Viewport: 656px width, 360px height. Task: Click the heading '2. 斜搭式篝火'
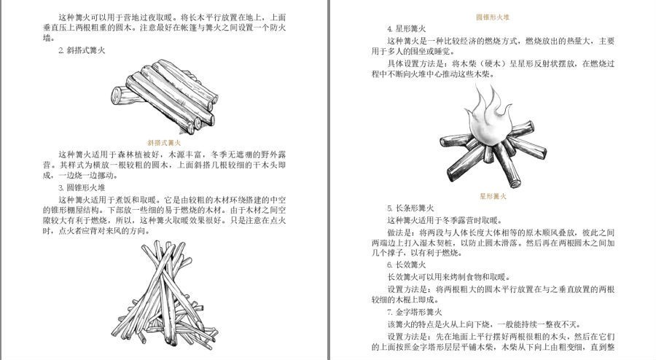[x=82, y=50]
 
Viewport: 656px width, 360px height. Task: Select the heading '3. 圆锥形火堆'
[x=82, y=187]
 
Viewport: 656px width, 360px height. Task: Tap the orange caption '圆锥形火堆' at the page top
[x=492, y=16]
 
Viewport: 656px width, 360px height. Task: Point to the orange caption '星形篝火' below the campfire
[x=492, y=196]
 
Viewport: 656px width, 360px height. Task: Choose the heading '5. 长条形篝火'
[x=410, y=208]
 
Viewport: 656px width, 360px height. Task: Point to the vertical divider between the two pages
[x=329, y=180]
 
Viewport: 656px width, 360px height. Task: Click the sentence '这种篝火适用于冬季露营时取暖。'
[x=444, y=220]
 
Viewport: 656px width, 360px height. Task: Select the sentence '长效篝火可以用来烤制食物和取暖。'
[x=448, y=276]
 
